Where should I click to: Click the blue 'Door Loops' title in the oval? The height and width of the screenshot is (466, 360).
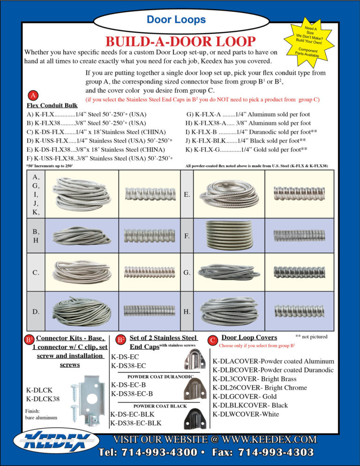176,20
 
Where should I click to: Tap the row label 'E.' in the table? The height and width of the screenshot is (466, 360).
187,194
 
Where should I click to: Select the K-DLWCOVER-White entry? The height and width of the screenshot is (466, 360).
246,414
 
